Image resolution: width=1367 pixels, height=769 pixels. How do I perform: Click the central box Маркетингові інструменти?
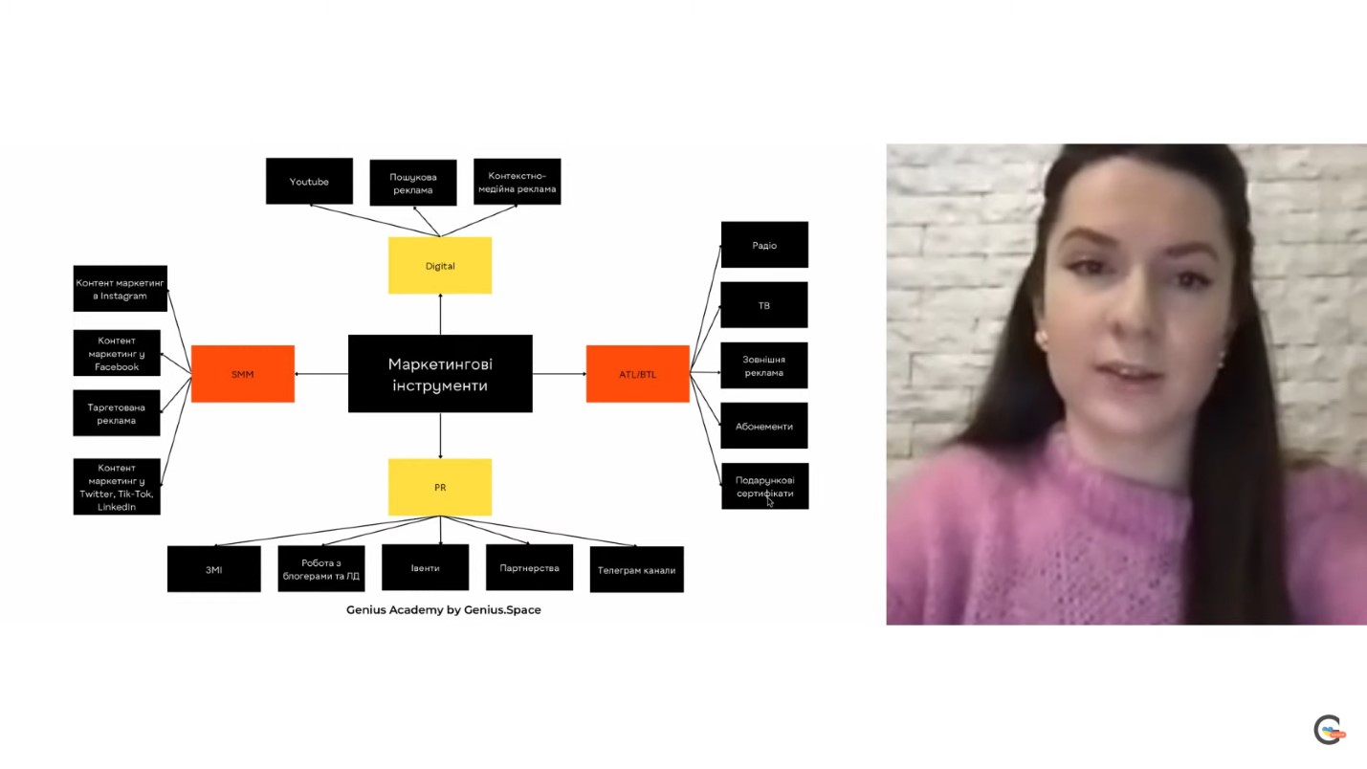(x=440, y=373)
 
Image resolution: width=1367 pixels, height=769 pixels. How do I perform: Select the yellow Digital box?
(x=440, y=265)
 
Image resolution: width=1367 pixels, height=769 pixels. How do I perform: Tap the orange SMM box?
(x=243, y=374)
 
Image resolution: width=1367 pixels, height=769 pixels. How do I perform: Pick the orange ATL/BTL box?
(x=637, y=374)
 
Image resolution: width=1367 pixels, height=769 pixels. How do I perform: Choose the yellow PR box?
(x=440, y=487)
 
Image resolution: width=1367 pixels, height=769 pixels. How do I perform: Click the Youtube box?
(x=309, y=181)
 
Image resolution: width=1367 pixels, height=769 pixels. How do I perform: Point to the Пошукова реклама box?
(x=412, y=183)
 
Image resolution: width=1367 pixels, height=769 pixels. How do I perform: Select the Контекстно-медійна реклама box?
(x=517, y=182)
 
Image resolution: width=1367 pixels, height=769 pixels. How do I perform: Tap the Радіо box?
(x=764, y=245)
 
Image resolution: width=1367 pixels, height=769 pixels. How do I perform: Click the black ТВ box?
(x=763, y=305)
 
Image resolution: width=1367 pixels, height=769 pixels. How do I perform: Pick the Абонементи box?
(x=763, y=426)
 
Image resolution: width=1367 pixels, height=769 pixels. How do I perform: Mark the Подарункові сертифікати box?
(x=764, y=486)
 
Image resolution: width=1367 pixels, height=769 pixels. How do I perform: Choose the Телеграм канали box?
(x=636, y=570)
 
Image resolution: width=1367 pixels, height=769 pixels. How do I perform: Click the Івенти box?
(x=425, y=567)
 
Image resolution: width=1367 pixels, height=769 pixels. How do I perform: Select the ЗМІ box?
(x=213, y=569)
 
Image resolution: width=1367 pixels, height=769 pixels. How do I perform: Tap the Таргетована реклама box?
(x=117, y=413)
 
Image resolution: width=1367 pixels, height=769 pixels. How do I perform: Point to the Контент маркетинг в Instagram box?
(x=120, y=289)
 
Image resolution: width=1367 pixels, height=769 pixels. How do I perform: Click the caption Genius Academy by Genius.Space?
(x=443, y=609)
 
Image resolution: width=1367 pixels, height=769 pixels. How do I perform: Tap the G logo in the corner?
(x=1328, y=730)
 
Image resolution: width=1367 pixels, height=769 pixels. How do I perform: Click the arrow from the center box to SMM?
(x=321, y=374)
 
